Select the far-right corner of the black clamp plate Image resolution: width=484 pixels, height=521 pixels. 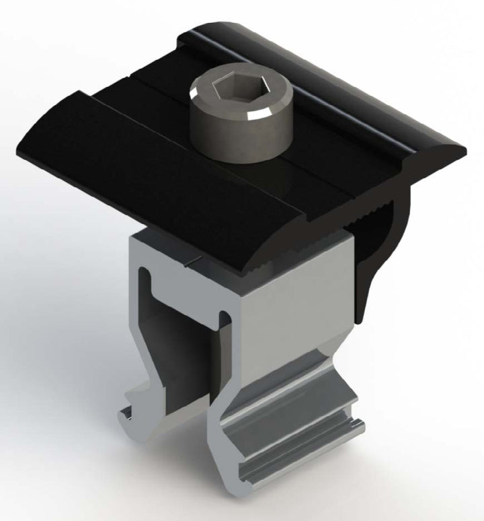point(463,149)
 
